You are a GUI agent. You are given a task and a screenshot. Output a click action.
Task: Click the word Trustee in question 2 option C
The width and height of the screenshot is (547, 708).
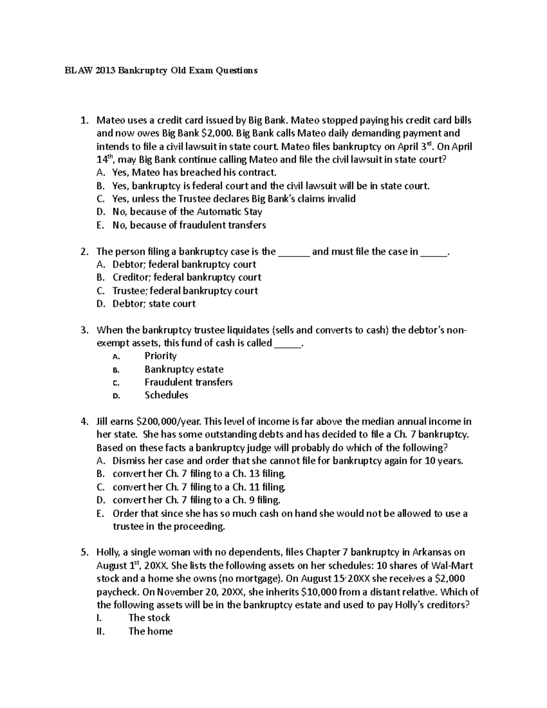(128, 291)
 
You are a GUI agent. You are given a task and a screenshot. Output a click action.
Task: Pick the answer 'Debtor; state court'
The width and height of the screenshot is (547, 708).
(154, 304)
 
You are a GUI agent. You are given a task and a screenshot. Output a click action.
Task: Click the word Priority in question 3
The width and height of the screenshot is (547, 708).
(160, 356)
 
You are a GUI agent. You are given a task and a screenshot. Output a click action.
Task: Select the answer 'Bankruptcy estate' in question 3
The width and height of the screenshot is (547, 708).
(184, 369)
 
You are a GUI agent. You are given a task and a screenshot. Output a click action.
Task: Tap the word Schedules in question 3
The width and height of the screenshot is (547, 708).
(166, 395)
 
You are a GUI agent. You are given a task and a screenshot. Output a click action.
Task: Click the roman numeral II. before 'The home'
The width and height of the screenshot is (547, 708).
(101, 631)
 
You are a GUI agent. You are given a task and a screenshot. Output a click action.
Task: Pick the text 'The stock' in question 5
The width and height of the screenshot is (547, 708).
(149, 618)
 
